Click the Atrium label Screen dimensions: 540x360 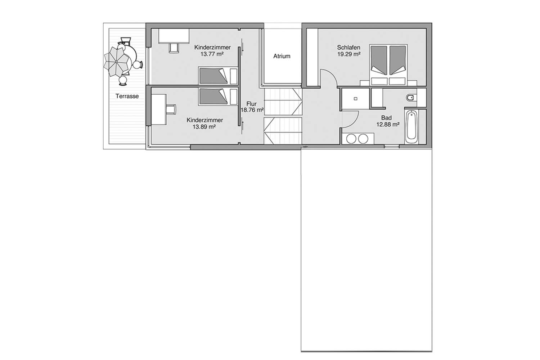[282, 56]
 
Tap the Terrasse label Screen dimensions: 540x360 [127, 96]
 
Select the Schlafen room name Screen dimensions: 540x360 [348, 48]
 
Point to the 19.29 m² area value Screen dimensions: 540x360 [349, 54]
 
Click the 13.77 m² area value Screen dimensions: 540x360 [212, 54]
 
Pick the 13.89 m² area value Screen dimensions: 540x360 [204, 127]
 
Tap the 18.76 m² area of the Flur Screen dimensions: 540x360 [252, 110]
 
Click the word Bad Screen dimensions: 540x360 [386, 118]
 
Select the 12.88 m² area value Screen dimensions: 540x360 [388, 125]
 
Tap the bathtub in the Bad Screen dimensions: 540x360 [411, 127]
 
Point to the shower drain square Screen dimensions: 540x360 [355, 99]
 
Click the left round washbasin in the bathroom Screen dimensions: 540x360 [351, 139]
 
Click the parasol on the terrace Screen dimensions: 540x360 [116, 62]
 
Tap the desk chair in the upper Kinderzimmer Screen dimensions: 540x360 [174, 48]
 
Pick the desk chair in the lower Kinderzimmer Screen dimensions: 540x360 [171, 109]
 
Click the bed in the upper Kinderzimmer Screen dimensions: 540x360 [218, 76]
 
